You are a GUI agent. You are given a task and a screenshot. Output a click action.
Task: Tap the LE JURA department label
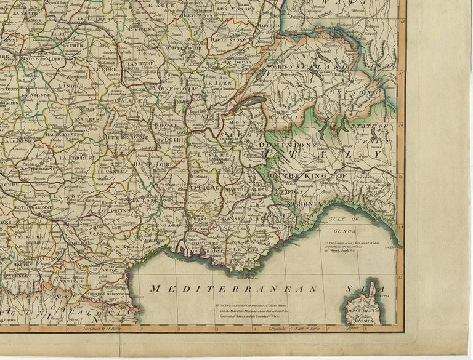216,82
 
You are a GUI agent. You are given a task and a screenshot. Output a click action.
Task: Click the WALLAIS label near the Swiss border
285,116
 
